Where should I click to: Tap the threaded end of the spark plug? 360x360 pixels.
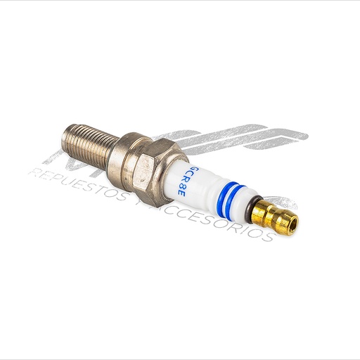coord(88,145)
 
